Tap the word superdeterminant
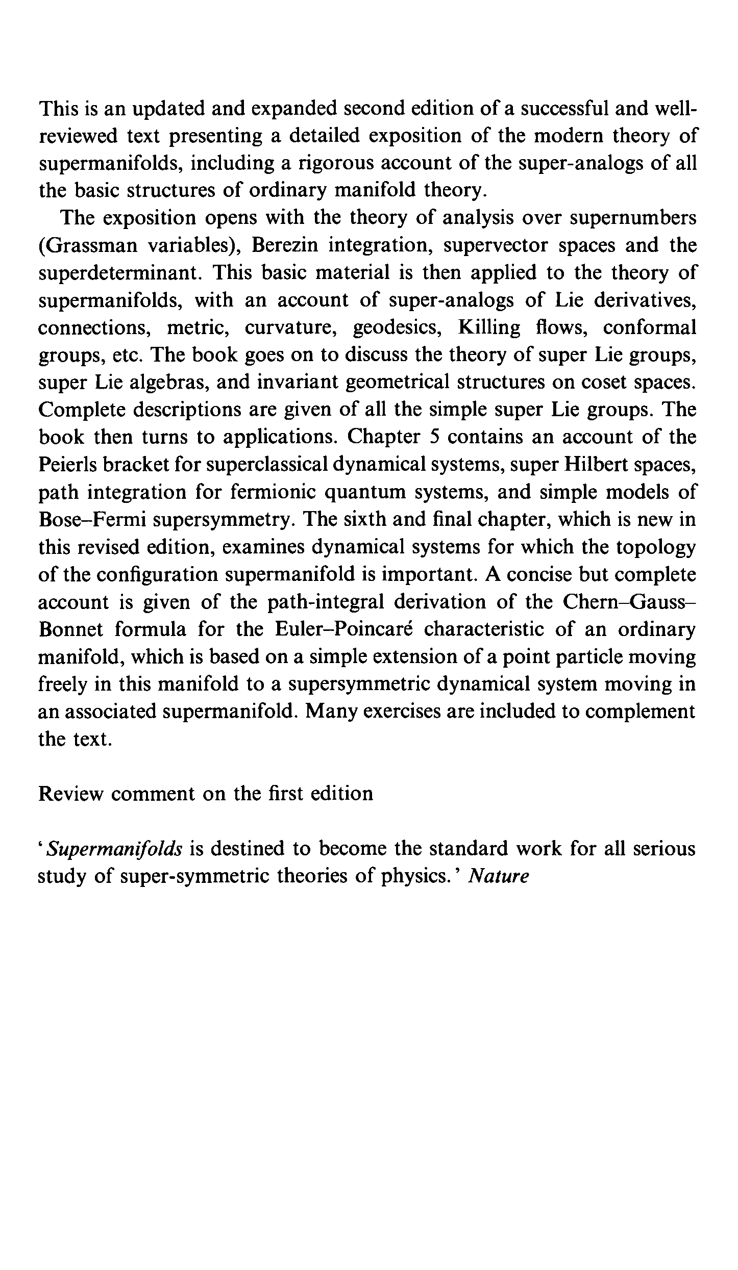click(x=119, y=273)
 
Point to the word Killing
click(x=489, y=327)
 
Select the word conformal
click(x=649, y=327)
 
